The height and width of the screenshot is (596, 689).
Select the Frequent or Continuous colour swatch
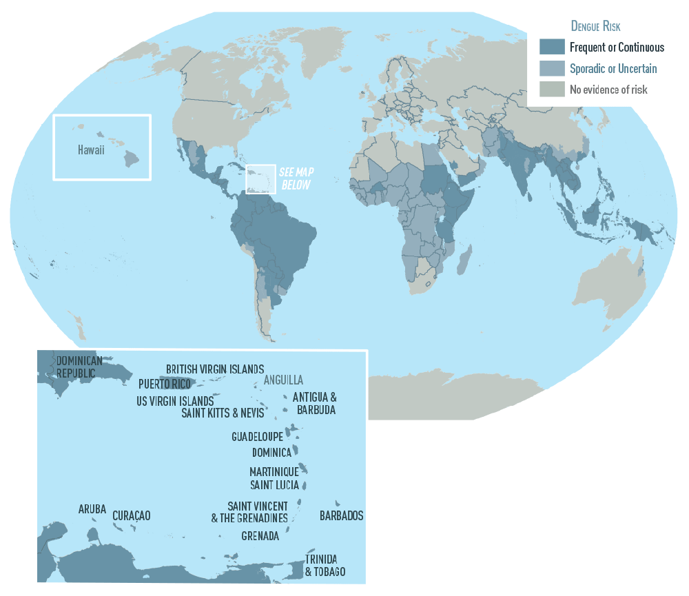click(551, 47)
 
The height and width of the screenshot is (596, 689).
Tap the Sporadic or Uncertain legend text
click(613, 68)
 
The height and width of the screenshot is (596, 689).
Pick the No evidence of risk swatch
click(551, 89)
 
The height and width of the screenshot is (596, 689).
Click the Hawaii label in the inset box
click(90, 150)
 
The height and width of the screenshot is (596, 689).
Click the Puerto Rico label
click(164, 384)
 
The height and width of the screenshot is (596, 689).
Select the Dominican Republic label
click(79, 367)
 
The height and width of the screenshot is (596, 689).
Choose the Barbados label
click(341, 515)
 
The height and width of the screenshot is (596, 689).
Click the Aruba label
click(92, 509)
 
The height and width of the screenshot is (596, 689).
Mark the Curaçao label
click(131, 515)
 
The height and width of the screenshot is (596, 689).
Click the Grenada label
click(260, 535)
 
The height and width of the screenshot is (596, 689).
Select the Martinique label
click(274, 472)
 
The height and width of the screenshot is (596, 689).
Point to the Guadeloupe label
click(257, 437)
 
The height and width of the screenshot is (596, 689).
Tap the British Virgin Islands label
click(215, 369)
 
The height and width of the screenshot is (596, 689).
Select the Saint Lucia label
click(274, 485)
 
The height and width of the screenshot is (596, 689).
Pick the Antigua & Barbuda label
click(316, 403)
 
